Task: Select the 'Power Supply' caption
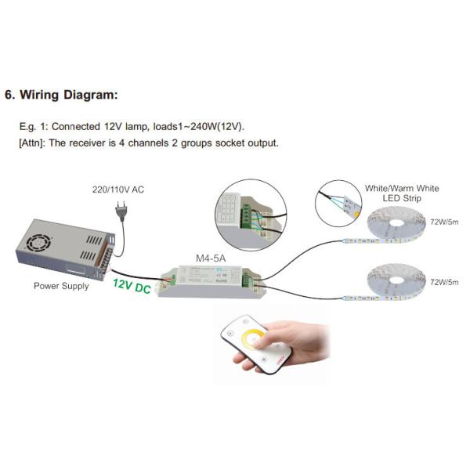[x=61, y=286]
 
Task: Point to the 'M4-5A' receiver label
[x=210, y=256]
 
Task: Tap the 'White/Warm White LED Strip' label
[x=403, y=193]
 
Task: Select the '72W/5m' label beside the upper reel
[x=446, y=224]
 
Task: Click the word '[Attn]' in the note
[x=34, y=143]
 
